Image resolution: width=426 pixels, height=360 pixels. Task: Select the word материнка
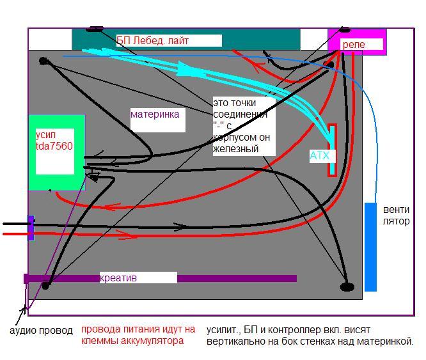155,115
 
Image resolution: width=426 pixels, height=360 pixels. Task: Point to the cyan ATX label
319,155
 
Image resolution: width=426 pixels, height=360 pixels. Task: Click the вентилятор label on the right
396,215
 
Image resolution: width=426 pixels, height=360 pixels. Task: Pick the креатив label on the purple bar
118,278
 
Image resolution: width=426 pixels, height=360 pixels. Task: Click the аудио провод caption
41,331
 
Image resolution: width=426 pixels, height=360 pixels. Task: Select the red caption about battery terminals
138,335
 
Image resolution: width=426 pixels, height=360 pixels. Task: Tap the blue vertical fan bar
370,246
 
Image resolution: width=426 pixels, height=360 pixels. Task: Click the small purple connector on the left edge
31,228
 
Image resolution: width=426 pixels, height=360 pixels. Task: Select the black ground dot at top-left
43,61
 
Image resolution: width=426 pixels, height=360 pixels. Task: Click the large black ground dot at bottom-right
347,286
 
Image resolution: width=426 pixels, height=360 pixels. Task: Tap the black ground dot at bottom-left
45,285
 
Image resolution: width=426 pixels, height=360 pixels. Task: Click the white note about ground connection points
245,126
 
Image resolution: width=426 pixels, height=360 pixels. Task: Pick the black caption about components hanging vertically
310,336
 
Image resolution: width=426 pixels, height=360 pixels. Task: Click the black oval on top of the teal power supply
95,28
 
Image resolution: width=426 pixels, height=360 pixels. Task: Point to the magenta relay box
356,40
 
